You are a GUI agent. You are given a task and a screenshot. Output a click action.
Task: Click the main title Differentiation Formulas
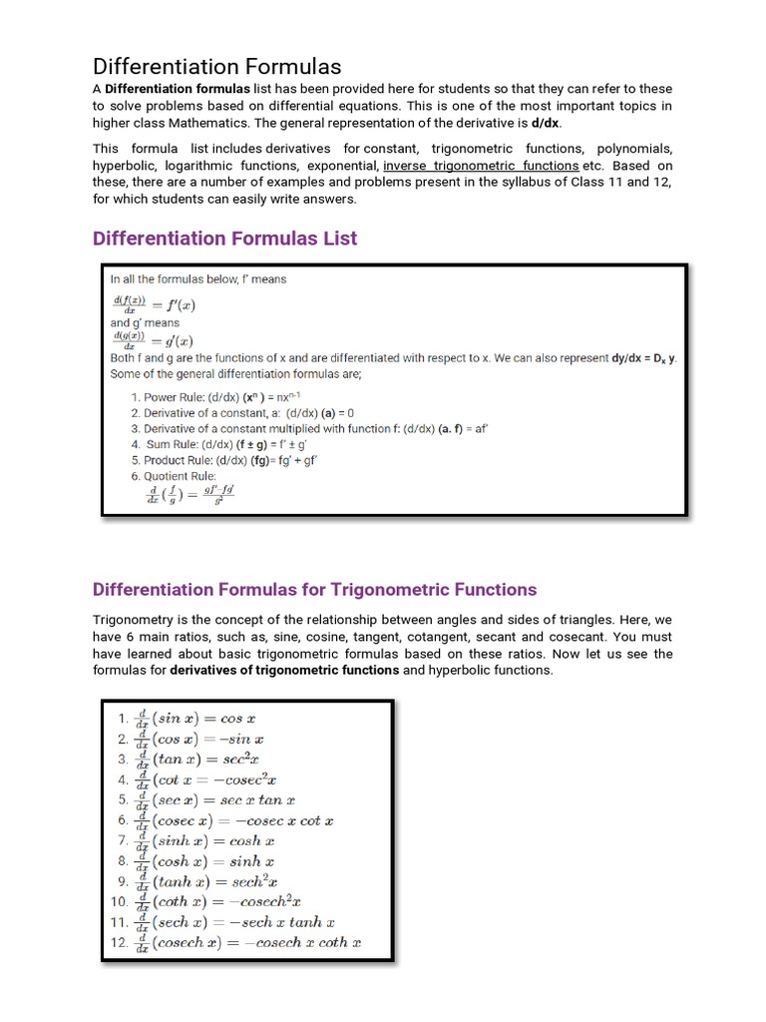coord(216,67)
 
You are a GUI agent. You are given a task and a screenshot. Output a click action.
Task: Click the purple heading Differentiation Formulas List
coord(224,239)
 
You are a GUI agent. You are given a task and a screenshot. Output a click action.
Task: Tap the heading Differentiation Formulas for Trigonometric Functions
coord(314,589)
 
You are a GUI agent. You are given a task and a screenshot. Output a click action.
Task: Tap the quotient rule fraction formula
coord(191,494)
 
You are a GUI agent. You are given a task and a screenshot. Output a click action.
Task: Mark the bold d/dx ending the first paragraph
coord(546,123)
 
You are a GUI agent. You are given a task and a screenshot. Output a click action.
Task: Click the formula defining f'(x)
coord(154,305)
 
